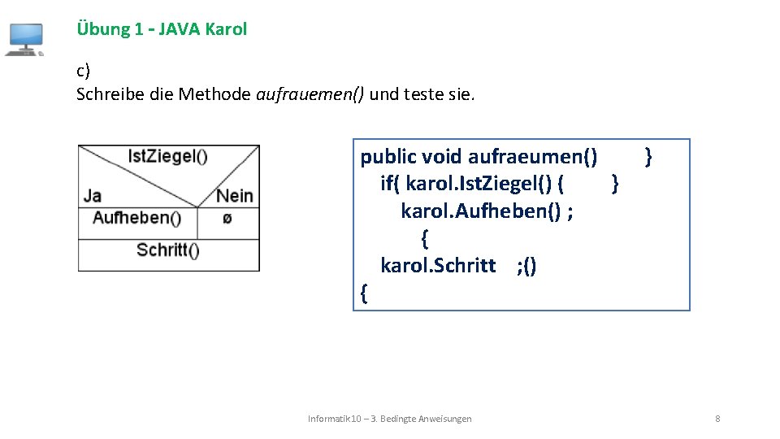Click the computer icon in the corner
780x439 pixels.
[24, 39]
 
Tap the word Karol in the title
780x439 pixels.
[227, 29]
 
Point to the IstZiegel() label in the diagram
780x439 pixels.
[167, 156]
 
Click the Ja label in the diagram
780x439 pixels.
[93, 195]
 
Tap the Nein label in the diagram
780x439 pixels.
[235, 196]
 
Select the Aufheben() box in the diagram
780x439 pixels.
[136, 218]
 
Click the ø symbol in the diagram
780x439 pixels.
[227, 219]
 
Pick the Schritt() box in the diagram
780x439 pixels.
[168, 250]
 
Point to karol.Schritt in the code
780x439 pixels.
[438, 266]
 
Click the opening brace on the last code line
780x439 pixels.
[363, 293]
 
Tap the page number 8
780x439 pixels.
[717, 419]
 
